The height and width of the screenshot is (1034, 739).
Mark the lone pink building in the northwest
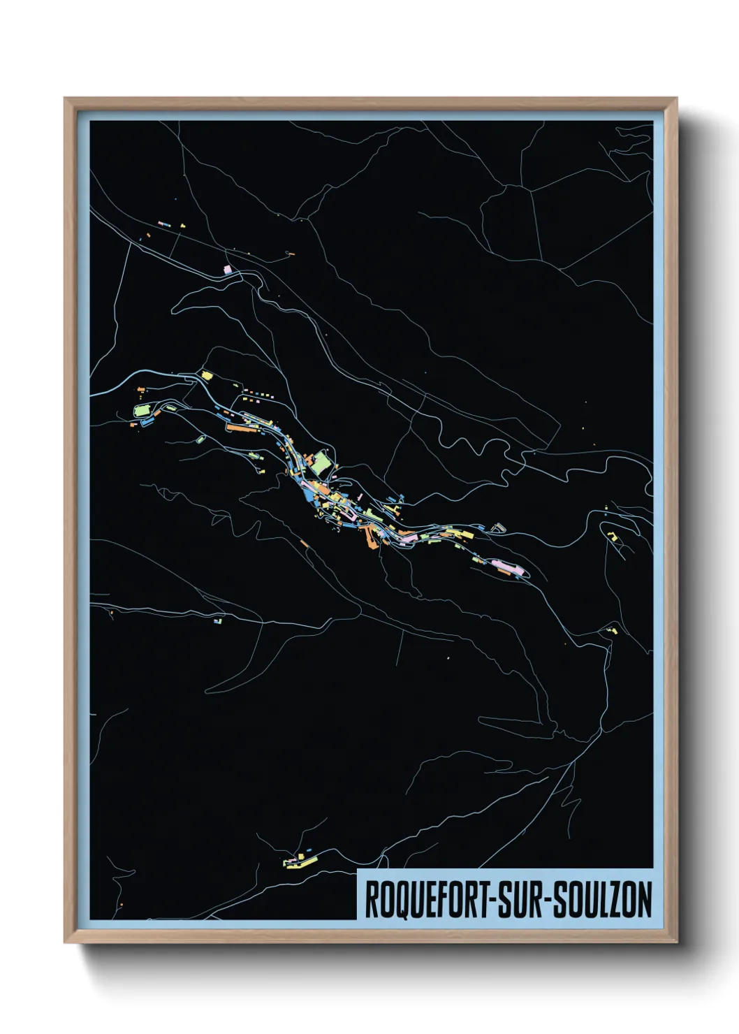(x=227, y=269)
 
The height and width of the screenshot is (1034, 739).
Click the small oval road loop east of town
(x=498, y=527)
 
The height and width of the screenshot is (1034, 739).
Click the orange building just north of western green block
(x=140, y=389)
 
